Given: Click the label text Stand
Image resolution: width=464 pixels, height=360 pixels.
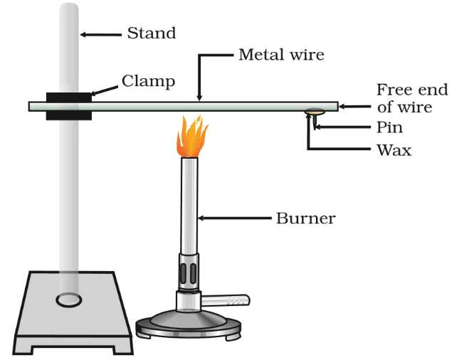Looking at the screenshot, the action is tap(152, 33).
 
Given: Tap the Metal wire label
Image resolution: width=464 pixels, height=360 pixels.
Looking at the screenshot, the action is tap(281, 55).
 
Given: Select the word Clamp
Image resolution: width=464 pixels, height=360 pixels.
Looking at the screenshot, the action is tap(148, 81).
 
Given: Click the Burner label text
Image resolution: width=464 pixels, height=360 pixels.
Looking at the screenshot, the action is tap(306, 218).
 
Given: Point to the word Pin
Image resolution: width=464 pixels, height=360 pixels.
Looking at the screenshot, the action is tap(389, 127).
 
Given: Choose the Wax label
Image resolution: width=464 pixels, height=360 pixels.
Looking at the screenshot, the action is tap(394, 150).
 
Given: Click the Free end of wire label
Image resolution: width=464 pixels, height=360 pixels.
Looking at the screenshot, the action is tap(412, 98).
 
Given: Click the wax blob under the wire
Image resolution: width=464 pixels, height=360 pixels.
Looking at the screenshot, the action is tap(315, 112).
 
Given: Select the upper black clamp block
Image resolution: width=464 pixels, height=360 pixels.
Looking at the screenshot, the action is tap(69, 97).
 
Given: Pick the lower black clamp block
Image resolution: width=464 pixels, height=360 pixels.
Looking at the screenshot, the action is tap(69, 116).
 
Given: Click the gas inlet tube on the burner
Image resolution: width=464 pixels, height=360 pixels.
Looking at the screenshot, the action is tap(226, 300).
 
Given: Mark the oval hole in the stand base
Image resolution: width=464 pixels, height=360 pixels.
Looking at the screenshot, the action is tap(69, 300).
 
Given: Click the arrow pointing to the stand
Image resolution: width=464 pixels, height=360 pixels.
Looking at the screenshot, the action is tap(100, 35).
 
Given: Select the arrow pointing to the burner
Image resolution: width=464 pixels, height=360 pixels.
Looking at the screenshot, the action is tap(234, 218).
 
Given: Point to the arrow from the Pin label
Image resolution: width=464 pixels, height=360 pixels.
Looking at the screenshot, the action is tap(342, 127).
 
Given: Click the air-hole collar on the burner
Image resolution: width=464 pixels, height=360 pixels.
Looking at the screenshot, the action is tap(189, 272).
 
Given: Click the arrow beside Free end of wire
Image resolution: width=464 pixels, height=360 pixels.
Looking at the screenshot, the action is tap(354, 107).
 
